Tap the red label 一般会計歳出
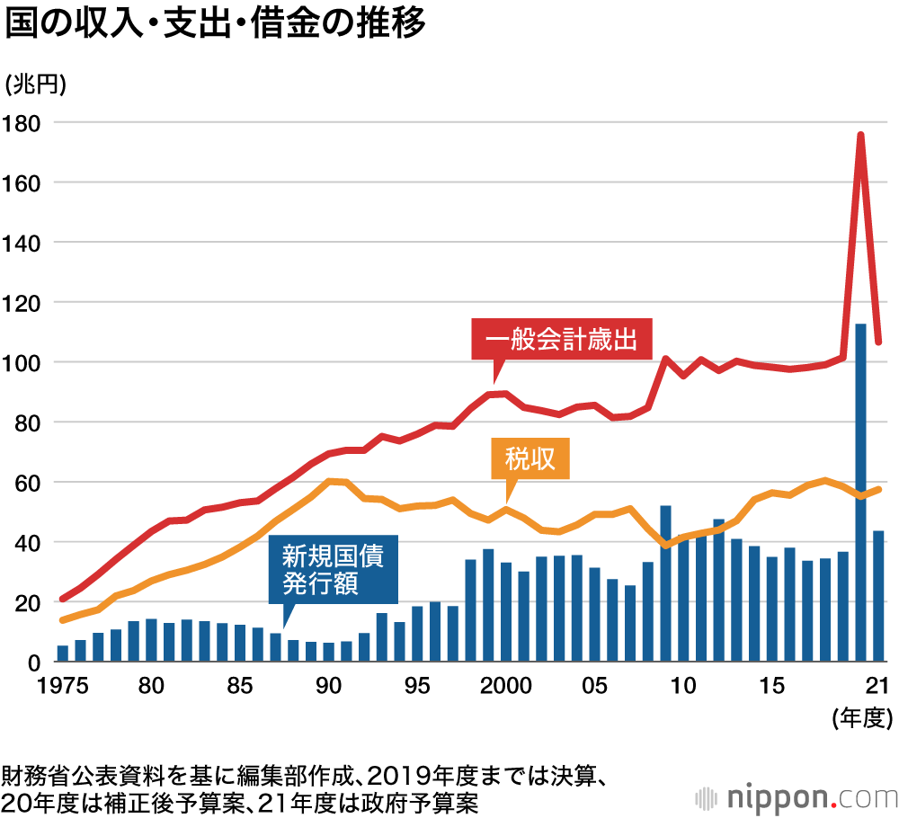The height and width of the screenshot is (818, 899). point(561,340)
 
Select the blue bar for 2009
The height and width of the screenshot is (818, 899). point(666,584)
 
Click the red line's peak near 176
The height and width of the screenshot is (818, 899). point(860,135)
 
